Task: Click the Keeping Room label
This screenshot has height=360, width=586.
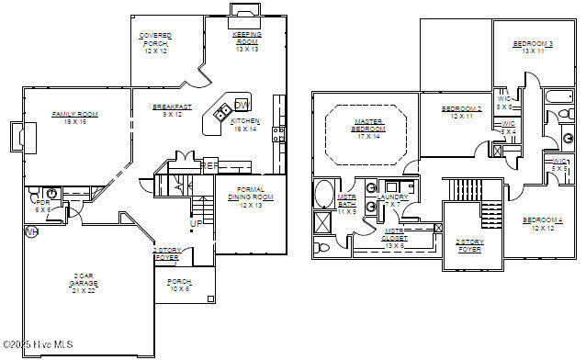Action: (x=246, y=38)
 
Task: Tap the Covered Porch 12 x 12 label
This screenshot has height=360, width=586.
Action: (x=155, y=42)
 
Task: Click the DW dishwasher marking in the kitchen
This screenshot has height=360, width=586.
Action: (x=242, y=104)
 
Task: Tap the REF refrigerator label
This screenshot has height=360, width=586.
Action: (x=209, y=165)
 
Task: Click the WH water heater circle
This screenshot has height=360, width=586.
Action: (x=31, y=231)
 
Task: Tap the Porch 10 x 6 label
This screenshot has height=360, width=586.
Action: (x=179, y=286)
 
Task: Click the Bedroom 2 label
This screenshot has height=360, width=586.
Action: (x=461, y=112)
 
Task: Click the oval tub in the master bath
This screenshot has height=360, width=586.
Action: (x=325, y=195)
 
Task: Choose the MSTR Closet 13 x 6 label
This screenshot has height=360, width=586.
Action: (x=396, y=238)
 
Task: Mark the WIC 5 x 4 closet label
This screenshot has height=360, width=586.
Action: (x=508, y=128)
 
